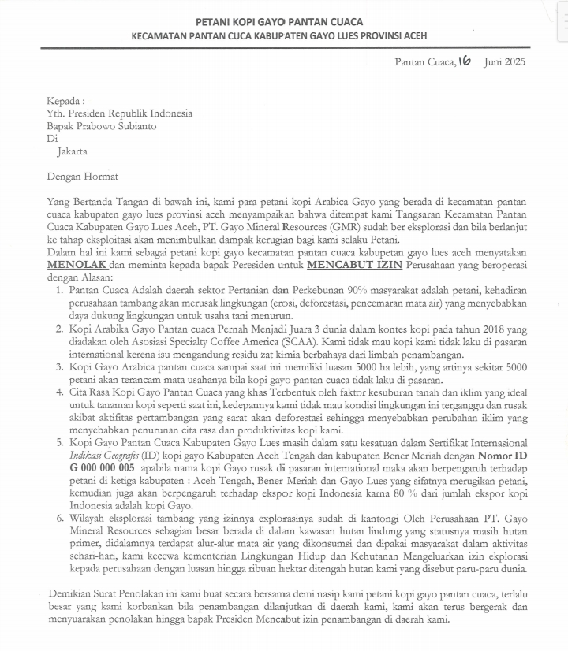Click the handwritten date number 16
pos(464,61)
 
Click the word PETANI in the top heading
pos(213,21)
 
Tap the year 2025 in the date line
pos(513,61)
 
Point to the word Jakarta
pos(73,151)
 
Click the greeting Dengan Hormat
pos(82,177)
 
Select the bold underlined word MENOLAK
pos(77,265)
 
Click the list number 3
pos(60,366)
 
